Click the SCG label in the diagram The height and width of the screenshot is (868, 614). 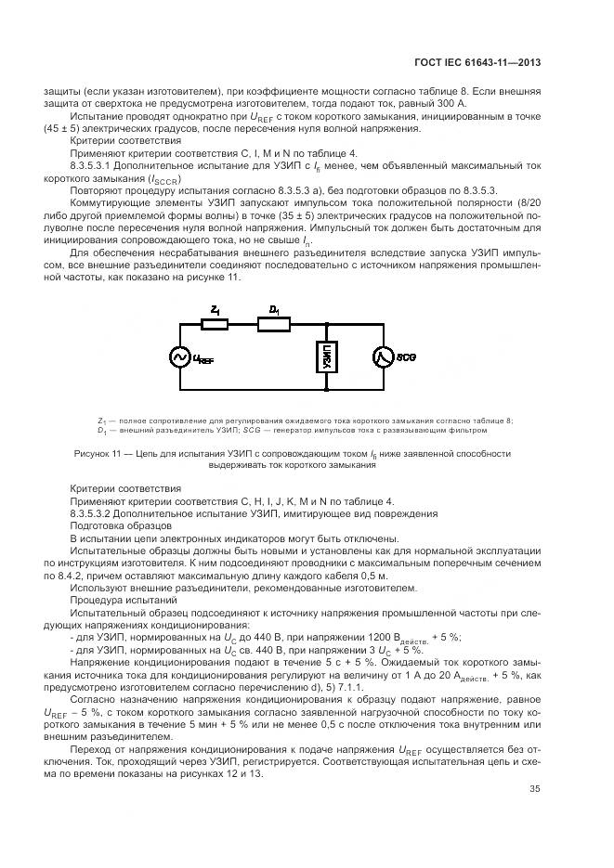(406, 356)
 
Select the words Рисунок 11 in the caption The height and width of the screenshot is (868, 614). (96, 453)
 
